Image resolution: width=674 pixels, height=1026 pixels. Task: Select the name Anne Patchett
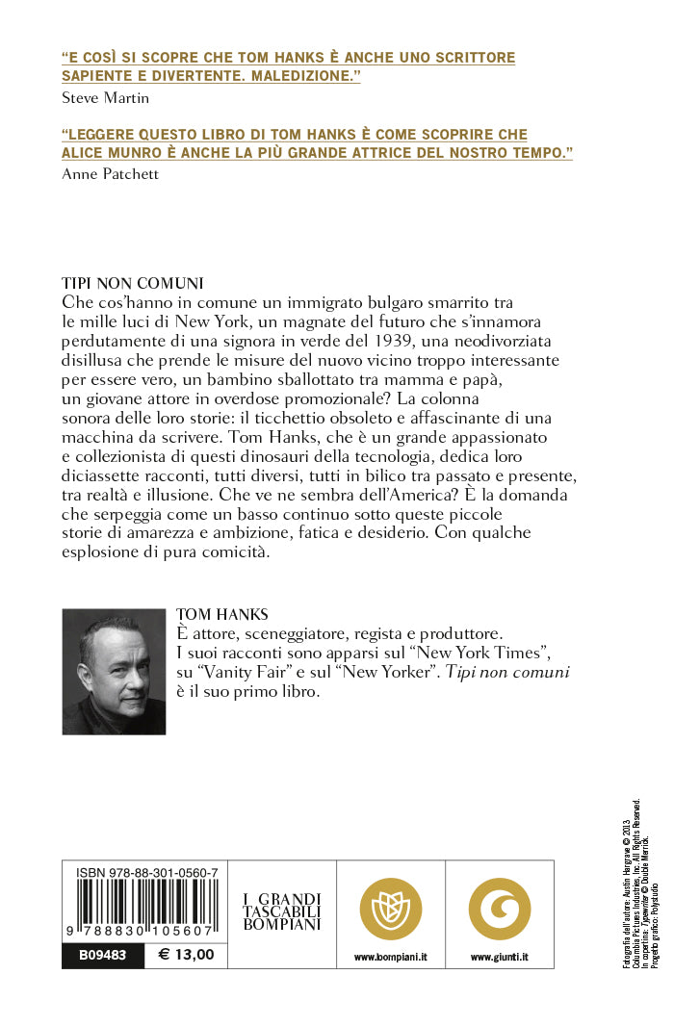click(x=109, y=174)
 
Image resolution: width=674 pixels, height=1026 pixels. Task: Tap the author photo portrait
click(x=114, y=671)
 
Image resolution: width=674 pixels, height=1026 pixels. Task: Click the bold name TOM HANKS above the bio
click(x=222, y=615)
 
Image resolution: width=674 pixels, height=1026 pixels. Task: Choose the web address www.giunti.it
click(x=500, y=958)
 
